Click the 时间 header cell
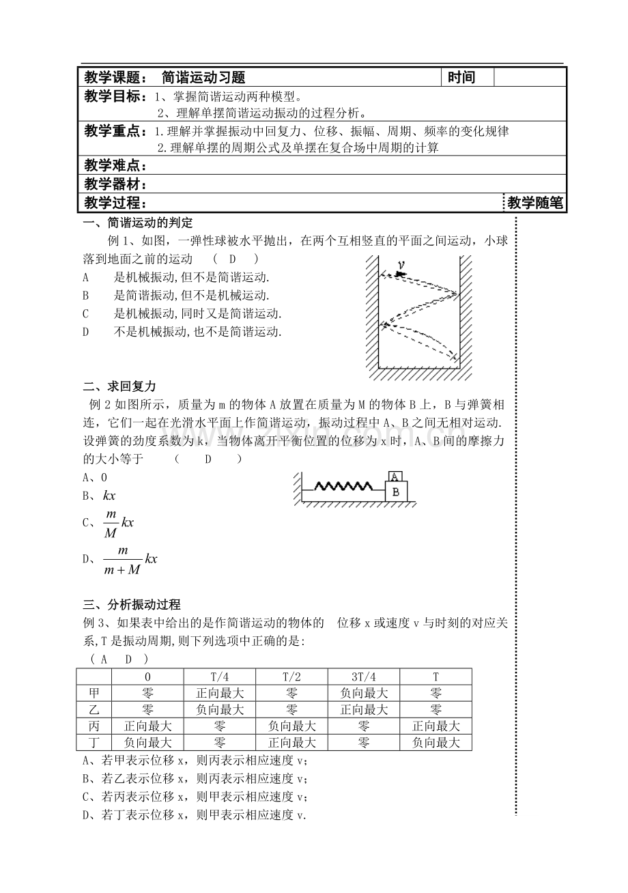pos(461,78)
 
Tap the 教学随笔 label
pos(535,203)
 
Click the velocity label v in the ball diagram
pos(401,265)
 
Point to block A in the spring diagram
pos(395,477)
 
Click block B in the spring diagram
pos(396,491)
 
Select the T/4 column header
pos(219,677)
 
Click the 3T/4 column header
pos(364,677)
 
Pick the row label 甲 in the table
pos(94,693)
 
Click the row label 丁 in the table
pos(94,742)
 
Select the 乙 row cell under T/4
pos(219,709)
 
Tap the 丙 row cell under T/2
pos(291,726)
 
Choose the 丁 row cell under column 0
pos(147,742)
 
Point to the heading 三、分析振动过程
pos(131,604)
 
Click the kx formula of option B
pos(109,496)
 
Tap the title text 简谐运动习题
pos(203,78)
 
